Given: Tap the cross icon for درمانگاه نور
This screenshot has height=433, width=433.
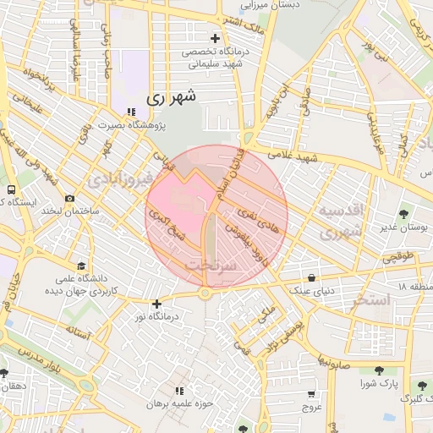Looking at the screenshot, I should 156,303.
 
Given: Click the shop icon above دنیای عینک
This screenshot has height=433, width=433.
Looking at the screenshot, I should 312,277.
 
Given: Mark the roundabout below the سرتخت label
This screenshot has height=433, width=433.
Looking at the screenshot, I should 205,293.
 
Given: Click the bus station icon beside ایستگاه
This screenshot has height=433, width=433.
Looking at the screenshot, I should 11,189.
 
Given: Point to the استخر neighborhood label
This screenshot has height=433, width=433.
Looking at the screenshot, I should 371,299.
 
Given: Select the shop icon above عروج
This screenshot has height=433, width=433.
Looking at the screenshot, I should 311,393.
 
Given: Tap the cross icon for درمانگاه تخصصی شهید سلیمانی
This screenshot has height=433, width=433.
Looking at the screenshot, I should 216,38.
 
